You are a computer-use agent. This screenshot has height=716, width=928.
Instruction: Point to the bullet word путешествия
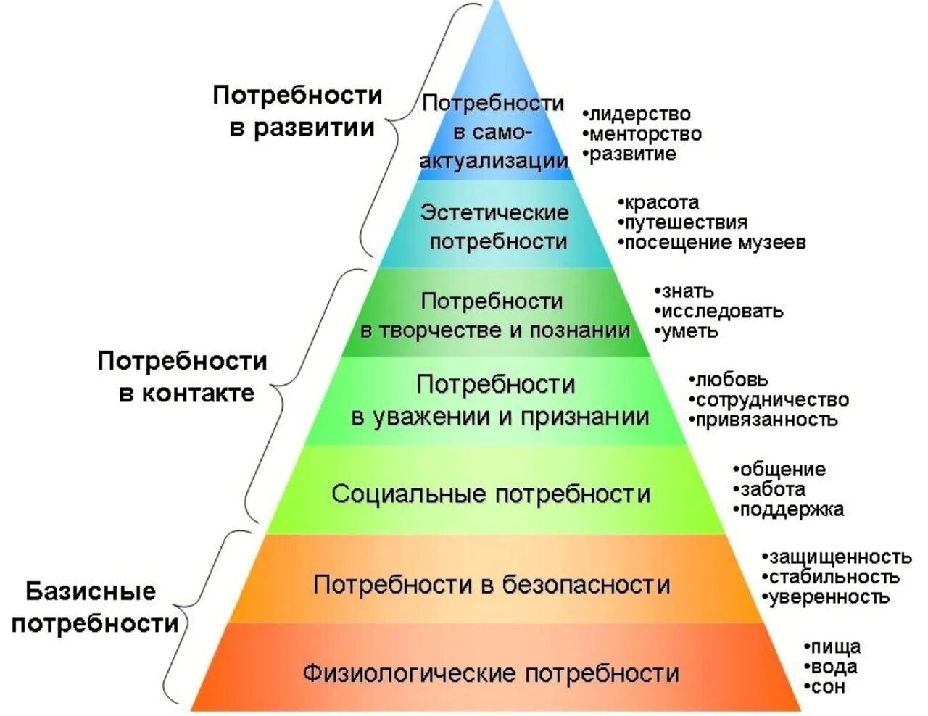(x=685, y=222)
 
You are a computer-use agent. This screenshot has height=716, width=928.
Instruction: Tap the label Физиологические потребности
(x=491, y=673)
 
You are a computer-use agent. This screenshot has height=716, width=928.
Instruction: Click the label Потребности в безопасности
(x=491, y=584)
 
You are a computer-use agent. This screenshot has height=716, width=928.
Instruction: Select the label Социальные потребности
(x=491, y=494)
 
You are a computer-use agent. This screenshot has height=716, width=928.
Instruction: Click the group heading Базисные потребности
(x=93, y=607)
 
